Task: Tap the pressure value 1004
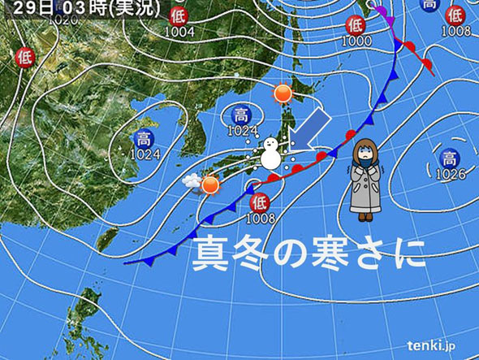pos(178,32)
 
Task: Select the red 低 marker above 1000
pos(355,25)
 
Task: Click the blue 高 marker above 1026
pos(448,158)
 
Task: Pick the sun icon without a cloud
pos(283,93)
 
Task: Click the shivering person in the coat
pos(365,179)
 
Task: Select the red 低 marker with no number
pos(24,57)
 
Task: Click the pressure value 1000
pos(355,40)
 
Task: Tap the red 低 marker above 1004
pos(178,16)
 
